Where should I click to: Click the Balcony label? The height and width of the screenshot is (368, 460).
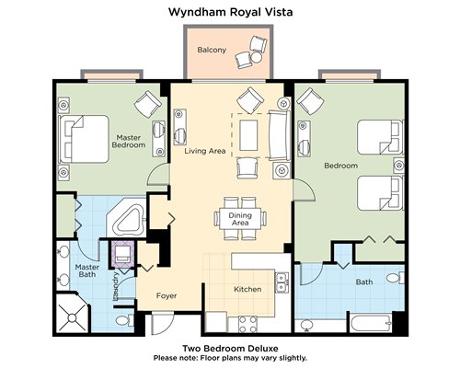coord(212,50)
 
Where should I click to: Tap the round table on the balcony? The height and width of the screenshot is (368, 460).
coord(256,57)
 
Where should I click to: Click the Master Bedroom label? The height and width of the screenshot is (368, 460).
coord(129,141)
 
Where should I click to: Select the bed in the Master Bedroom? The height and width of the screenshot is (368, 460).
coord(84,139)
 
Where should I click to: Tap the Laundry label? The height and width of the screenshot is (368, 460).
coord(116,286)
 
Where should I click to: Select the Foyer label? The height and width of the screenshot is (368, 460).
coord(167,295)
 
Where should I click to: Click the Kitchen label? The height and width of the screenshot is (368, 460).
coord(247,289)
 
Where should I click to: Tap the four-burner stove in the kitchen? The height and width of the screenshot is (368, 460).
coord(247,325)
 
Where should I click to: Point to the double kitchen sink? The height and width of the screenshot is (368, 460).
coord(282,282)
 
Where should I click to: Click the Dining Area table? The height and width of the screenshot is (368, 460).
coord(240,218)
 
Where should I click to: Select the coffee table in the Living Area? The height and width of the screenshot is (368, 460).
coord(248,135)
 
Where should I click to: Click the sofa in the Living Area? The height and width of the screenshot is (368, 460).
coord(280,135)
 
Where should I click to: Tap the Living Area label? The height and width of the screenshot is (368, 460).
coord(205,151)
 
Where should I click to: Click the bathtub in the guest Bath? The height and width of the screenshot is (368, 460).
coord(371,323)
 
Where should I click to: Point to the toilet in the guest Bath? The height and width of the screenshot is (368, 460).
coord(396,278)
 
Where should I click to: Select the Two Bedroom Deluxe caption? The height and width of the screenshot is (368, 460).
coord(230,349)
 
